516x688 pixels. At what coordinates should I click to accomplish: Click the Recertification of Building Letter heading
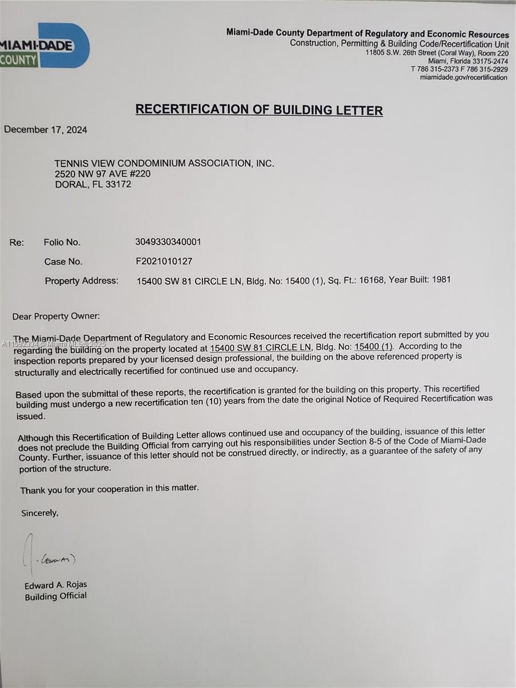[259, 110]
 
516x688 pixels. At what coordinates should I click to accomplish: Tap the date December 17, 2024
[46, 130]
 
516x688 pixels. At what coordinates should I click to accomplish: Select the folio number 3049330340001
[168, 242]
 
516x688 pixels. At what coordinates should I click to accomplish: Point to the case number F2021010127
[163, 261]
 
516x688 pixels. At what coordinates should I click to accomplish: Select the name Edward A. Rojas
[56, 585]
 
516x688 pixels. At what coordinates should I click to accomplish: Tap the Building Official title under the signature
[56, 596]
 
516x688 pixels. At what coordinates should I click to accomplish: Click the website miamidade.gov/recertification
[463, 77]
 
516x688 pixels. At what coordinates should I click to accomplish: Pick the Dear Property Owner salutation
[56, 316]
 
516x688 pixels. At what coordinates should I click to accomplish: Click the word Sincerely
[40, 513]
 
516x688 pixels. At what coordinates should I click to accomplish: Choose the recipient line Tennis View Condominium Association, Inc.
[165, 163]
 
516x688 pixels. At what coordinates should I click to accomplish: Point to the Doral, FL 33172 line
[93, 185]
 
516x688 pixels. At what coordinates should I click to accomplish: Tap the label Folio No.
[62, 243]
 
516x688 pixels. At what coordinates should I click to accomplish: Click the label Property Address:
[81, 281]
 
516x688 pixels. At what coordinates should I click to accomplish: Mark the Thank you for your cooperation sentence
[110, 489]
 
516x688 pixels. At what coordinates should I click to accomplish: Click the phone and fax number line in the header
[459, 69]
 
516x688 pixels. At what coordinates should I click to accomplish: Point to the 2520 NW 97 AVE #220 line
[103, 174]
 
